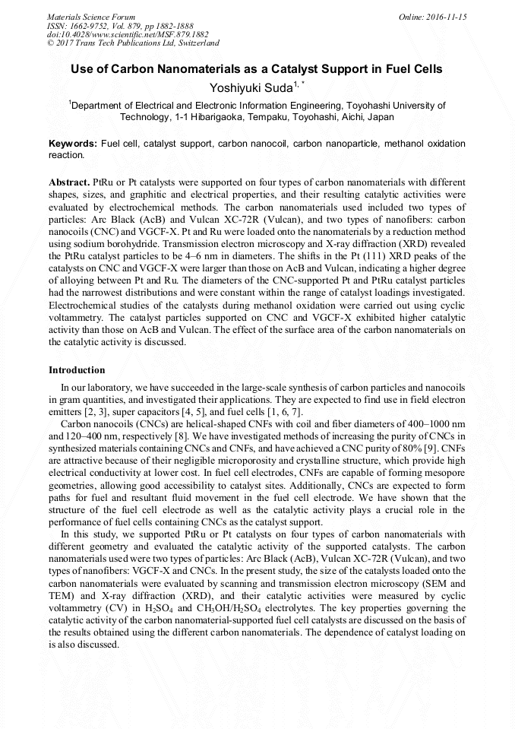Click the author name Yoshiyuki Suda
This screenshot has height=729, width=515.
(250, 88)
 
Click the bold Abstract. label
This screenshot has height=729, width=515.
(69, 183)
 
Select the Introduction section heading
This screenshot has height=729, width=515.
(77, 370)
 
